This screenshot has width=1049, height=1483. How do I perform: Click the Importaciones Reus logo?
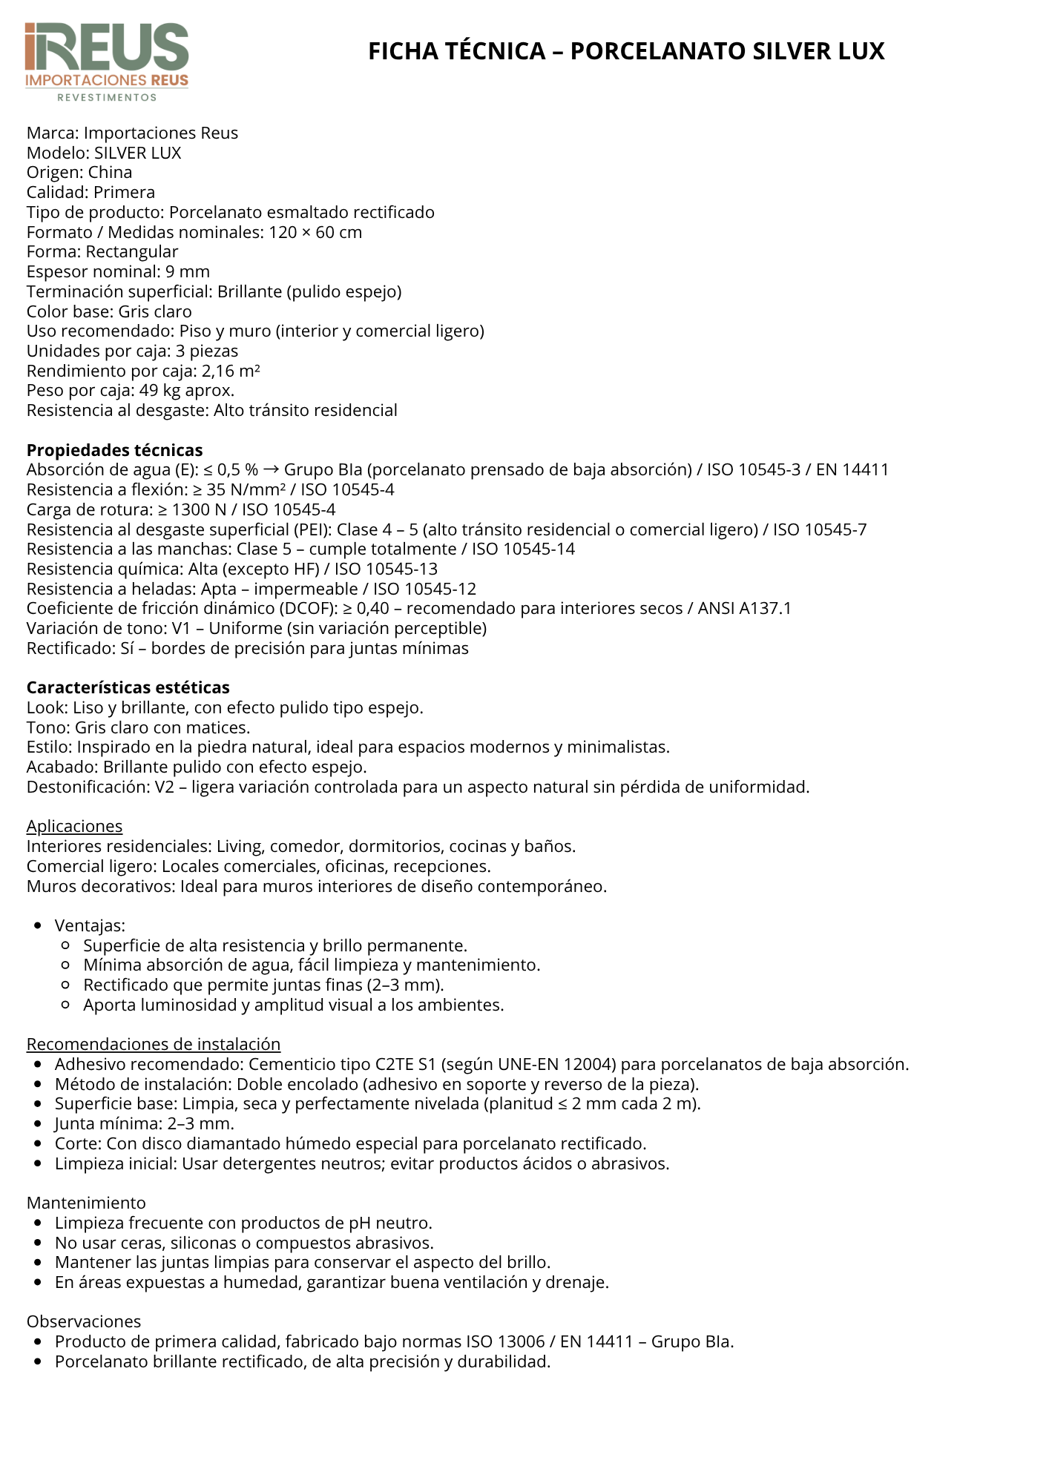107,62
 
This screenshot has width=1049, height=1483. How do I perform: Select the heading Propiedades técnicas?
114,450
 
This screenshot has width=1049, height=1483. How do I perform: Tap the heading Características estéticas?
128,687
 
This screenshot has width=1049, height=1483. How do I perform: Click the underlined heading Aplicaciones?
74,826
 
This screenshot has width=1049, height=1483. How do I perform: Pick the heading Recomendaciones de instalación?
153,1044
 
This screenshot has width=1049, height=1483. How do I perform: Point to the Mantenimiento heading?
86,1203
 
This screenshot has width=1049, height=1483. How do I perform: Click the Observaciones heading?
83,1321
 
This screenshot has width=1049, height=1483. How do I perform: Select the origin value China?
110,173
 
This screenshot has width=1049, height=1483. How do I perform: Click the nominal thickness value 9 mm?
188,272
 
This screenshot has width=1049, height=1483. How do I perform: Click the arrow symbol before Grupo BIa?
271,470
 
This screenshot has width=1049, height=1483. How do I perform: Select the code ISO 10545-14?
523,549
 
